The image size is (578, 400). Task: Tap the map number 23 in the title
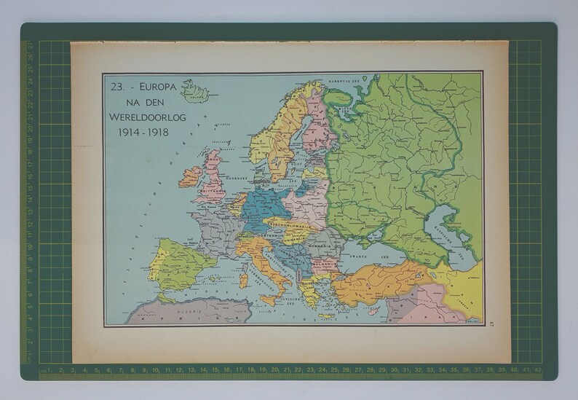click(116, 86)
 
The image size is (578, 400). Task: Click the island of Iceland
click(194, 93)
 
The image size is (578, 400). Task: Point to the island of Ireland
click(190, 176)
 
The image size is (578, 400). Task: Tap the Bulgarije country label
click(324, 256)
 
